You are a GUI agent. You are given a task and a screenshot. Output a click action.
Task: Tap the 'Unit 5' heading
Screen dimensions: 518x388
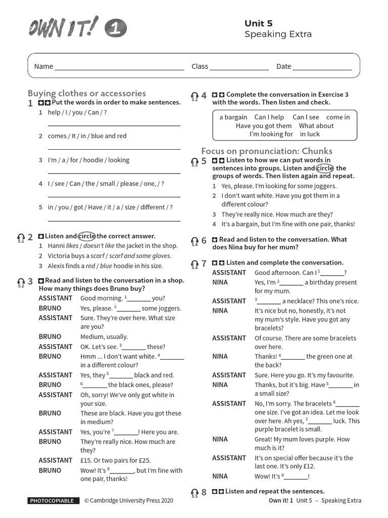258,23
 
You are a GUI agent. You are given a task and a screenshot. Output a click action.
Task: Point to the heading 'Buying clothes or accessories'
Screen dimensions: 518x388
87,93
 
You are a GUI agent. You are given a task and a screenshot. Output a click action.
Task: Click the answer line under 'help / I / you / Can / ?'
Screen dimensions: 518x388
114,124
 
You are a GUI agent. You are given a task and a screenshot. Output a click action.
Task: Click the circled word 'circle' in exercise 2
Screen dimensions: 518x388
87,236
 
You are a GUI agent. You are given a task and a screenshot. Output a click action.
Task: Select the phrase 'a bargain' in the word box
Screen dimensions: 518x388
233,117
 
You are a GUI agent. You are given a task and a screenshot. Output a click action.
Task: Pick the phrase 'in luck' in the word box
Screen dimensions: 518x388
310,134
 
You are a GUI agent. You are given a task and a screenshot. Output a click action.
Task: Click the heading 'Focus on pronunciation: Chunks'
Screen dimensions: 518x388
267,151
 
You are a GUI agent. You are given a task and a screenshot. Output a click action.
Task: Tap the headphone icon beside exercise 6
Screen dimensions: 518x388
195,241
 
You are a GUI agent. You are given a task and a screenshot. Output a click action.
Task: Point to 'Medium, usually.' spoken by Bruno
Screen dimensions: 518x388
104,336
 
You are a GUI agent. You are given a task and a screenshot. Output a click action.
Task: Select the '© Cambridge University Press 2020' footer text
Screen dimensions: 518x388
128,501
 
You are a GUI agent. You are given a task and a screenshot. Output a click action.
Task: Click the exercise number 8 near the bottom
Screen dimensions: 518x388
204,492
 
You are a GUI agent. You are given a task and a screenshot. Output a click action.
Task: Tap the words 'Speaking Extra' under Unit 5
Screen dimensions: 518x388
278,34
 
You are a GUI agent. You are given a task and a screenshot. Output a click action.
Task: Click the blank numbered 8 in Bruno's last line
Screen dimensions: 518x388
121,470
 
